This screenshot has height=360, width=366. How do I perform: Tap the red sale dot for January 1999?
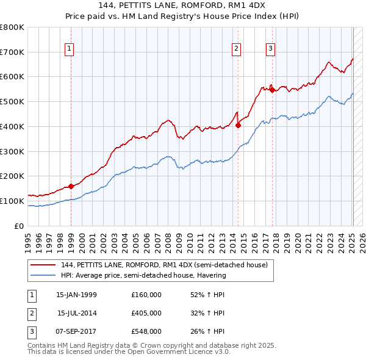(x=71, y=186)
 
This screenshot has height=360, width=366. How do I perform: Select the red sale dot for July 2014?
(x=239, y=126)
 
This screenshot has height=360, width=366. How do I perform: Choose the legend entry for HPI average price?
(x=143, y=275)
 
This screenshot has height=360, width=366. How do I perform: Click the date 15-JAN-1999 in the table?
(x=76, y=295)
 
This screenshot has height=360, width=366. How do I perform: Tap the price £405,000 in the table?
(x=146, y=313)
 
